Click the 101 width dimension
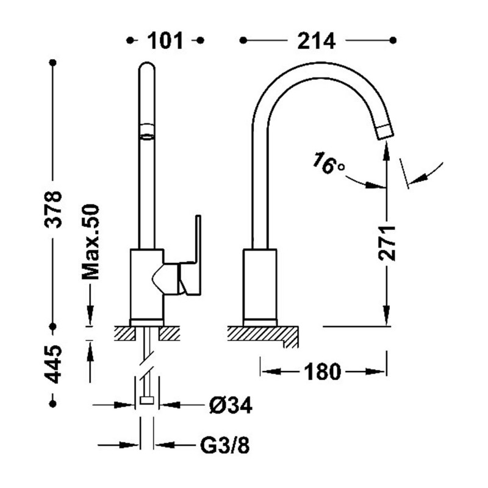point(165,40)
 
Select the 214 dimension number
point(316,40)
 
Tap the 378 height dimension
point(53,210)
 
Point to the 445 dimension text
point(53,364)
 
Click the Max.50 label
point(90,242)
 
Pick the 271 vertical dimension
point(387,243)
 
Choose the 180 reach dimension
point(322,371)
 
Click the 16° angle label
point(328,163)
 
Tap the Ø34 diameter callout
point(231,405)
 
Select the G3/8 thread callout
point(224,445)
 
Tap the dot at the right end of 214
point(393,40)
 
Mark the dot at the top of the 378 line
point(53,63)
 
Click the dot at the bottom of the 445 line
point(53,404)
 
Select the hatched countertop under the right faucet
point(263,335)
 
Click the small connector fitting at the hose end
point(146,401)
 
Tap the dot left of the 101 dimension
point(131,40)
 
